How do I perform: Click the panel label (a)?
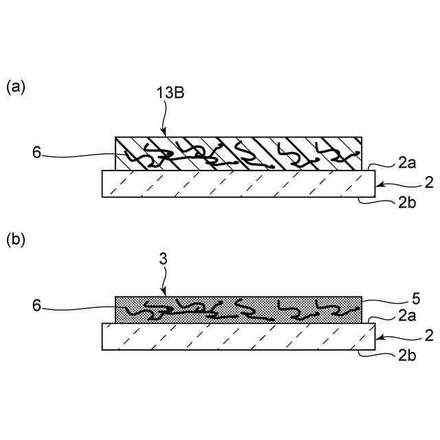click(x=16, y=87)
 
